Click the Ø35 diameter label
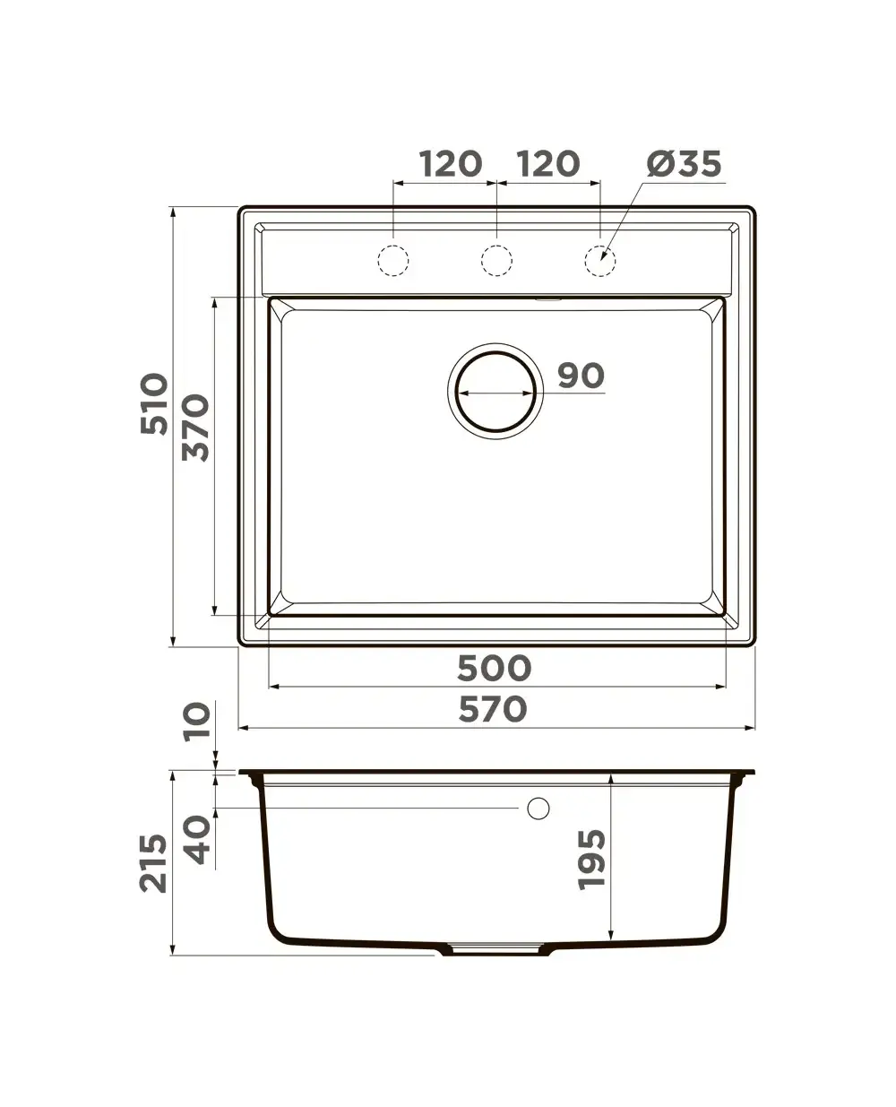pyautogui.click(x=684, y=164)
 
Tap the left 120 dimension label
pyautogui.click(x=451, y=164)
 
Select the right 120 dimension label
pyautogui.click(x=548, y=164)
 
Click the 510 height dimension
pyautogui.click(x=155, y=404)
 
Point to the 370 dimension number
pyautogui.click(x=196, y=428)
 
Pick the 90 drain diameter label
pyautogui.click(x=582, y=376)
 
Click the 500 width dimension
pyautogui.click(x=494, y=669)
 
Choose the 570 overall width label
pyautogui.click(x=493, y=709)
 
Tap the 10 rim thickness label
pyautogui.click(x=198, y=722)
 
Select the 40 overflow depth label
pyautogui.click(x=198, y=839)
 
